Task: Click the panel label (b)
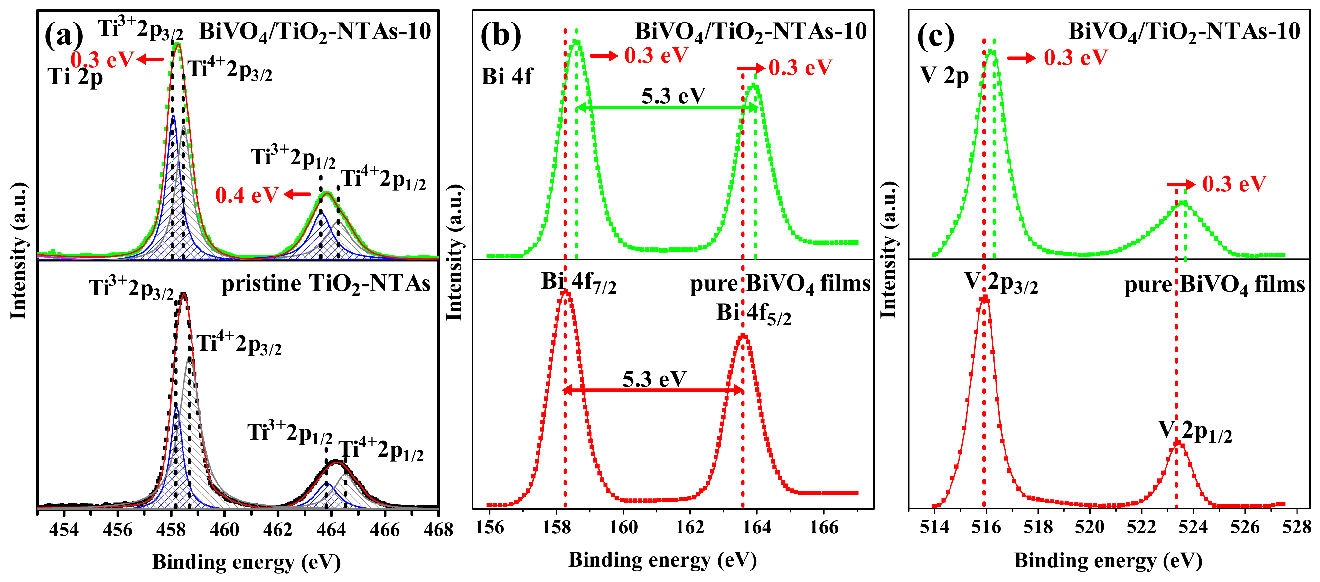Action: pyautogui.click(x=500, y=36)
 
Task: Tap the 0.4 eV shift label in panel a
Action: pyautogui.click(x=247, y=195)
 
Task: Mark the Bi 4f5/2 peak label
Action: pyautogui.click(x=753, y=314)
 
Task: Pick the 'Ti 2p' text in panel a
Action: pyautogui.click(x=75, y=77)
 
